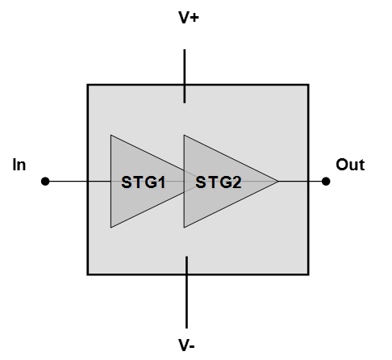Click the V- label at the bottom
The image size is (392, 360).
pyautogui.click(x=187, y=345)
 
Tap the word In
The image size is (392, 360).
pyautogui.click(x=19, y=165)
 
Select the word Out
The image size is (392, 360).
pyautogui.click(x=350, y=165)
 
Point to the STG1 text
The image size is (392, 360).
pyautogui.click(x=144, y=182)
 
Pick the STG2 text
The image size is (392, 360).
pyautogui.click(x=218, y=182)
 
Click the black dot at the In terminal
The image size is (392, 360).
pyautogui.click(x=45, y=182)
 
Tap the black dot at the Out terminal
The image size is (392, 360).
pyautogui.click(x=326, y=182)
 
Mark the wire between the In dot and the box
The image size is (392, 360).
pyautogui.click(x=66, y=182)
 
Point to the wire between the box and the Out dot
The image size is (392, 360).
pyautogui.click(x=317, y=182)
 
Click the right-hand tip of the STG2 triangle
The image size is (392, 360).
pyautogui.click(x=278, y=182)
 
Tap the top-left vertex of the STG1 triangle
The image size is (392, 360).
pyautogui.click(x=111, y=135)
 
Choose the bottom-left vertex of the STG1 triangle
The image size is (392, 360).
pyautogui.click(x=111, y=228)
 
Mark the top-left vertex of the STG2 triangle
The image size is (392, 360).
pyautogui.click(x=184, y=135)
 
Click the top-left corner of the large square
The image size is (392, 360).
pyautogui.click(x=87, y=84)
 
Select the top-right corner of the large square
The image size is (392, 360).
pyautogui.click(x=308, y=84)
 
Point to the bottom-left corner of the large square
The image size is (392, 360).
pyautogui.click(x=87, y=274)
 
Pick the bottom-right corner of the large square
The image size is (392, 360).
pyautogui.click(x=308, y=274)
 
